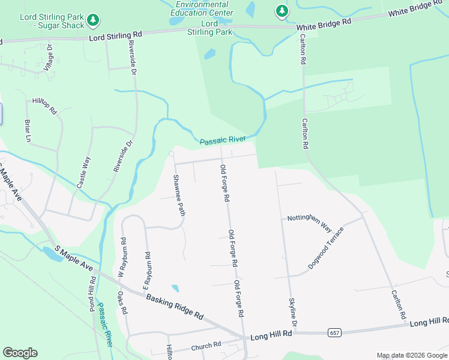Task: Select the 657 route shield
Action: click(x=335, y=332)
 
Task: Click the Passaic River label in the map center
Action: click(x=223, y=140)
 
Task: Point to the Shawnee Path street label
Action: click(x=178, y=194)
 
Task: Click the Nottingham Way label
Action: click(x=309, y=222)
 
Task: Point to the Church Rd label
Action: click(x=206, y=346)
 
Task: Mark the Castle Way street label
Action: click(x=83, y=173)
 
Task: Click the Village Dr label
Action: click(x=49, y=58)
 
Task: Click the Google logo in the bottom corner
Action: click(x=20, y=353)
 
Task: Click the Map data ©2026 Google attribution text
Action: click(x=411, y=355)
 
